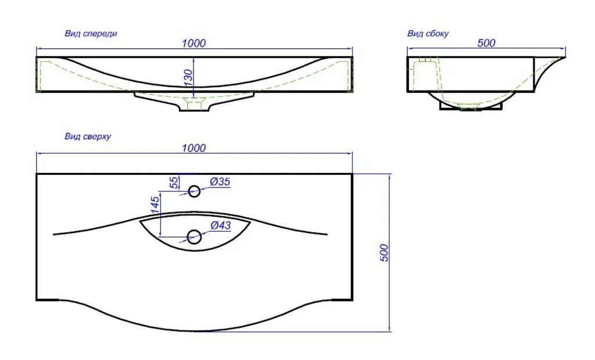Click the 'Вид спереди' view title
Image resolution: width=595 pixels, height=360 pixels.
91,33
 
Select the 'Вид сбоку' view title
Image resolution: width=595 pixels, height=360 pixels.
428,33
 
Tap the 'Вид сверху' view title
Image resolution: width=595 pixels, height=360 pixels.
88,136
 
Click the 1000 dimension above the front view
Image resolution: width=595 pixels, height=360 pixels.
193,43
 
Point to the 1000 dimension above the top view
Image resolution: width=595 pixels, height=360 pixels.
193,147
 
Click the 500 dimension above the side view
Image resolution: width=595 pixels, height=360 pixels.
486,43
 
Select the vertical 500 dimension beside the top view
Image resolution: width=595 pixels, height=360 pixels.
384,253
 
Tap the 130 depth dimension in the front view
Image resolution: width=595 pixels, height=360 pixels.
188,78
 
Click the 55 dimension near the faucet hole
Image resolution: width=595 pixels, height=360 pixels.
174,182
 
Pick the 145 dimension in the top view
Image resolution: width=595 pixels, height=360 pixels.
155,205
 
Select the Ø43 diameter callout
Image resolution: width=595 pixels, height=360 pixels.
220,225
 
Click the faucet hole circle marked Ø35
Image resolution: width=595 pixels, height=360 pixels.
194,191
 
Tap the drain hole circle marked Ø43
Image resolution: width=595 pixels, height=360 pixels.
194,237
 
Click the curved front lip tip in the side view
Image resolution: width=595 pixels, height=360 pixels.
564,57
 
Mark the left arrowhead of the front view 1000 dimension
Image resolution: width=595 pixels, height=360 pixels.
39,49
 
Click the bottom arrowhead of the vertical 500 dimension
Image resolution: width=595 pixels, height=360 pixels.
389,329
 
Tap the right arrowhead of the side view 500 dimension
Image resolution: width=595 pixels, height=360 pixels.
562,48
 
